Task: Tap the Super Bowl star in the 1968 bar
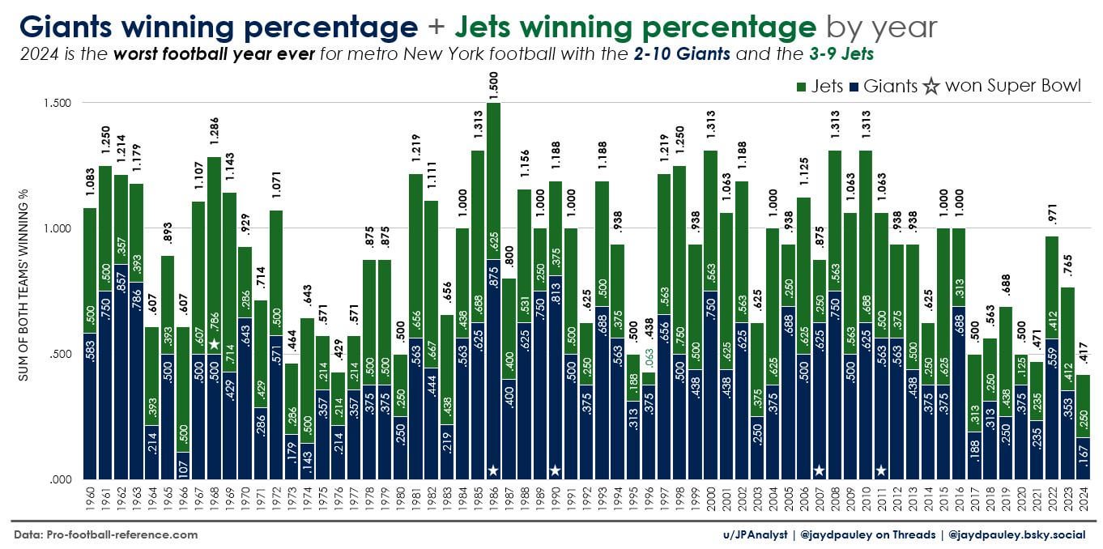point(214,344)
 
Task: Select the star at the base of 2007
point(819,470)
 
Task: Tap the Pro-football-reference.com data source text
point(105,534)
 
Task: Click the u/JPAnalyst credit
point(754,534)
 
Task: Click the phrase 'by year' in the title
point(881,28)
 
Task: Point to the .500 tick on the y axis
point(59,354)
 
